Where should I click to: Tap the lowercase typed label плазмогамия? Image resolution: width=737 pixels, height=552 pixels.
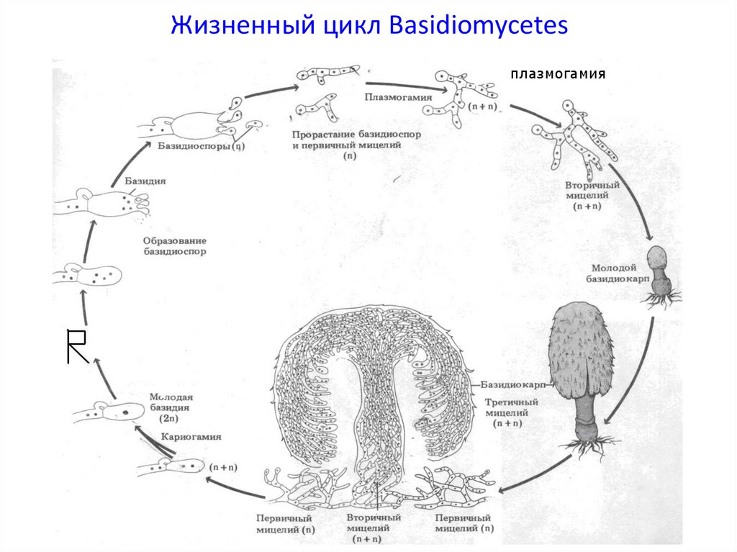point(558,75)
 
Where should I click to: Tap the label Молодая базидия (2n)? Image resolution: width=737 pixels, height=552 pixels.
point(170,407)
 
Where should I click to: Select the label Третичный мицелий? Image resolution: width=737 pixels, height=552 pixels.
point(507,413)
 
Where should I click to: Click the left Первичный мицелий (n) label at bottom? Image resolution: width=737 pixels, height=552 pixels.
point(286,523)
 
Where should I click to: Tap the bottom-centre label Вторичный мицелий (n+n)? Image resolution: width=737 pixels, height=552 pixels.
point(373,528)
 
